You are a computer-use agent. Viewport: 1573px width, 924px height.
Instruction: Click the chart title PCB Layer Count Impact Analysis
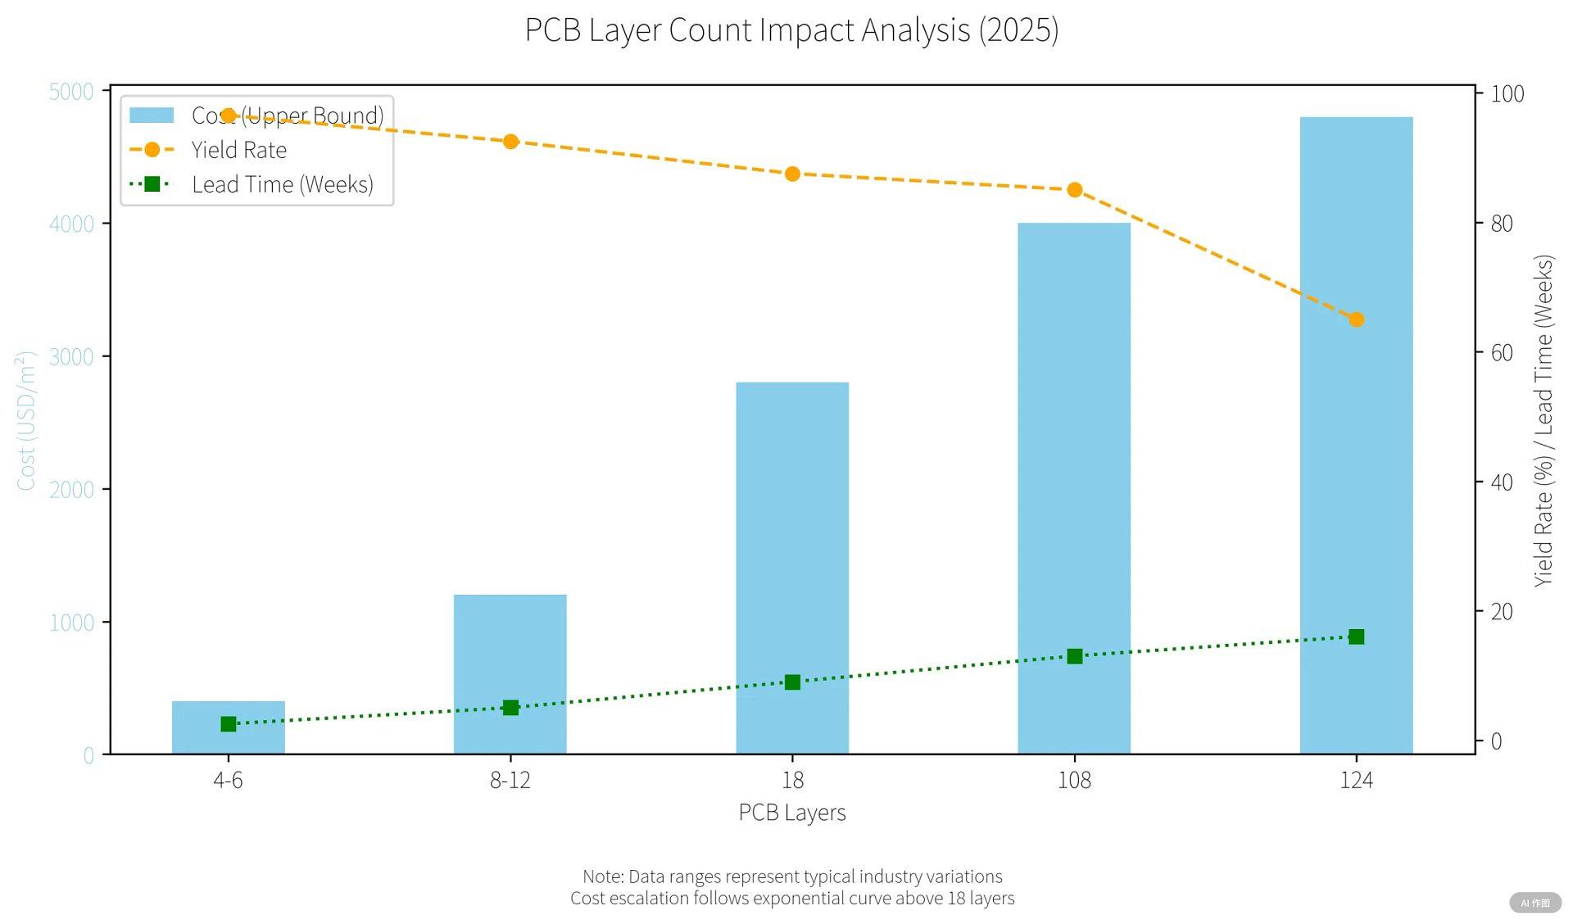coord(791,30)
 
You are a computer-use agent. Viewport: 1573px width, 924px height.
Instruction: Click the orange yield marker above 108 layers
coord(1074,190)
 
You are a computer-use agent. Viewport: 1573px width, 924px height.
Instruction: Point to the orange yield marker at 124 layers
coord(1356,319)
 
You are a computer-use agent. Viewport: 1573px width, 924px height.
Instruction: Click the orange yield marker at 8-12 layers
coord(510,142)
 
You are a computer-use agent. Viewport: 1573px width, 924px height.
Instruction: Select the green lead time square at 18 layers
coord(792,682)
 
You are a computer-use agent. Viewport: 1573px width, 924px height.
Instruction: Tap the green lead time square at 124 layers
coord(1356,637)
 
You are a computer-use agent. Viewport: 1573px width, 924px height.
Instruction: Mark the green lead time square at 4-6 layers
coord(229,724)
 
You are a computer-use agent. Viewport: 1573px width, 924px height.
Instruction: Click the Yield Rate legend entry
coord(238,150)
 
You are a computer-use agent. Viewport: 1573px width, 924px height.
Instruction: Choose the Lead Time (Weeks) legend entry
coord(282,184)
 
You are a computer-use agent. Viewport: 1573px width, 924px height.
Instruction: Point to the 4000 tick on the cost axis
coord(71,224)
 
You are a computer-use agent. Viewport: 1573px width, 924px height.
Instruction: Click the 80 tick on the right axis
coord(1501,224)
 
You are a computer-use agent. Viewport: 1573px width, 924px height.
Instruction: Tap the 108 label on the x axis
coord(1074,780)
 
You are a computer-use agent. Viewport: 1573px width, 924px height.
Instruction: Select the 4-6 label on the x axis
coord(228,780)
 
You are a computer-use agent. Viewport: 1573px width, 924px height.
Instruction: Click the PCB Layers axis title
coord(791,813)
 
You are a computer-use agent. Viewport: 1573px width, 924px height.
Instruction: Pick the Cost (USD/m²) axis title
coord(26,421)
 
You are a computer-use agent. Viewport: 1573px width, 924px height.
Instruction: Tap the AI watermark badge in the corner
coord(1534,903)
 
